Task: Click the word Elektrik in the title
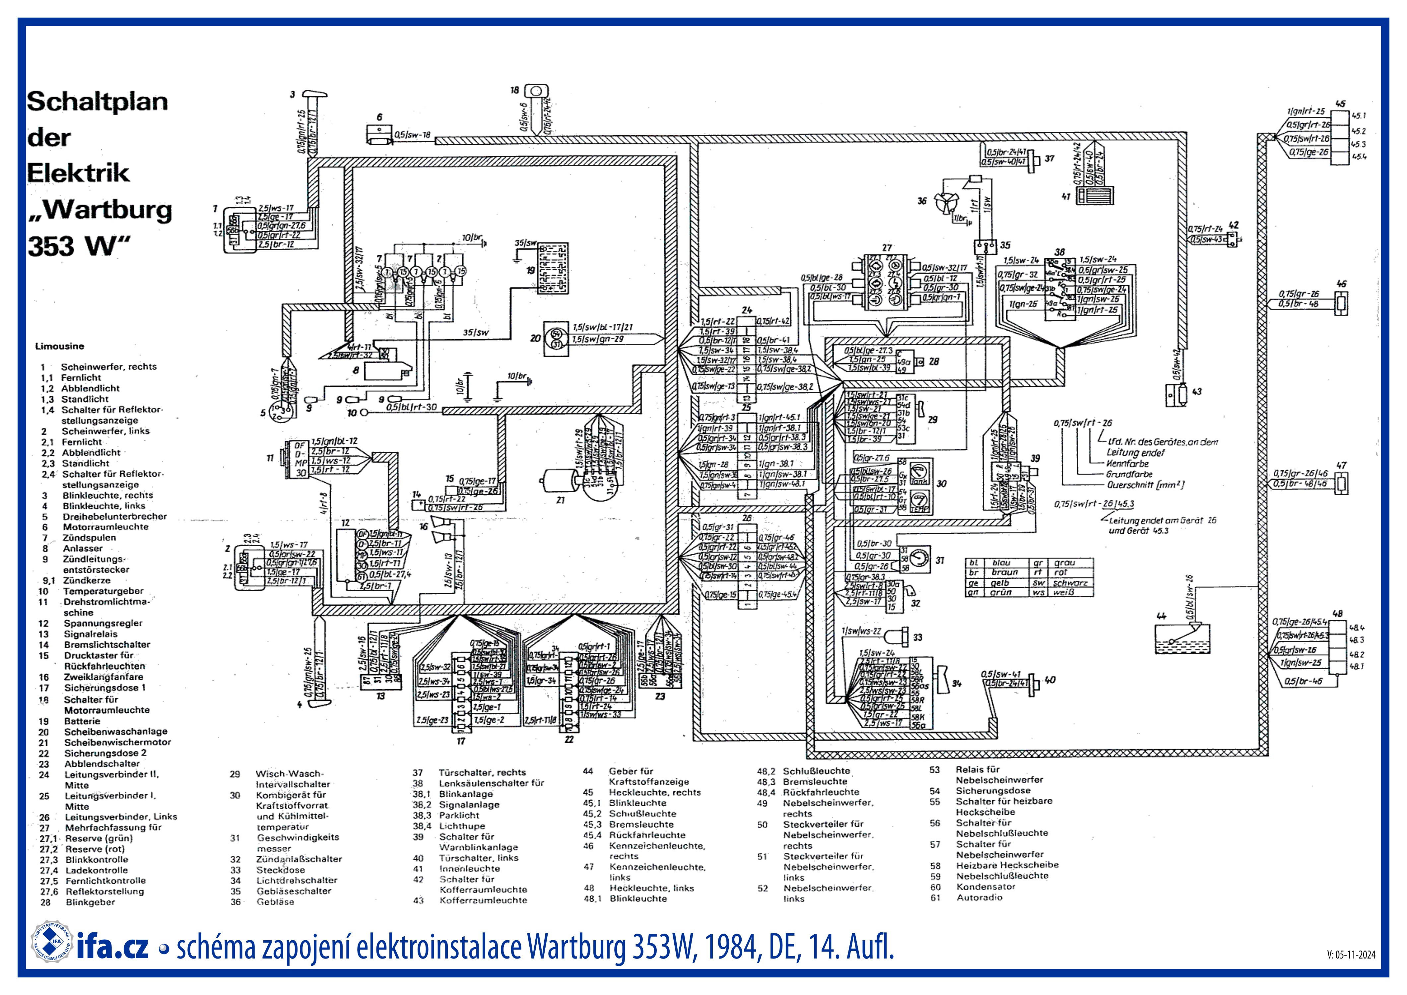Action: (x=78, y=173)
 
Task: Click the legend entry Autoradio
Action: (x=979, y=897)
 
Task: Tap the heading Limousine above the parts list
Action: (x=59, y=346)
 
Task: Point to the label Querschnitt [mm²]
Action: (x=1145, y=485)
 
